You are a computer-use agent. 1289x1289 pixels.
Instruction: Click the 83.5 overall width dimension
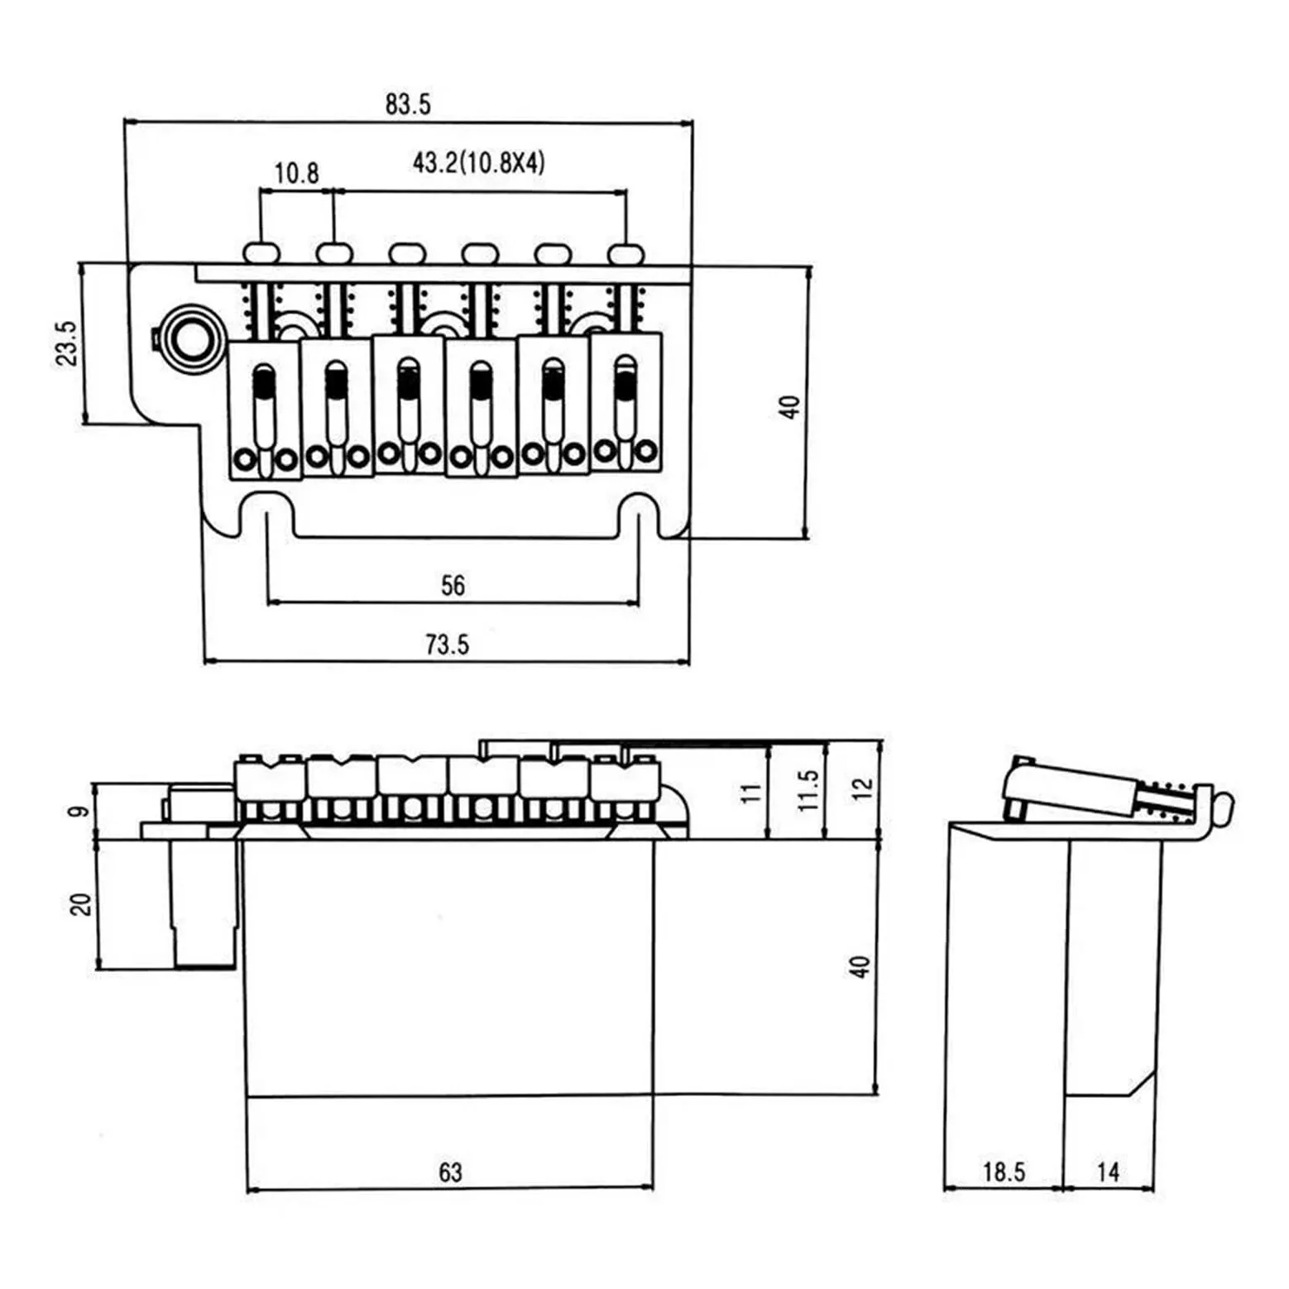click(408, 104)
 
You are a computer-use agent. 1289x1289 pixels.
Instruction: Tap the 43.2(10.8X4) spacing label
click(479, 162)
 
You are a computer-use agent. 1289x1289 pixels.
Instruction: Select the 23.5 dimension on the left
click(66, 343)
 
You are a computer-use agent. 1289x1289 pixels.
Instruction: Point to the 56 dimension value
click(453, 586)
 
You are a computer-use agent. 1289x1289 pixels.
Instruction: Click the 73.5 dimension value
click(447, 644)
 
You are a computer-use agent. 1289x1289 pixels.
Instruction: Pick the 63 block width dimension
click(450, 1172)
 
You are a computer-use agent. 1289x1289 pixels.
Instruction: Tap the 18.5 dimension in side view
click(1004, 1172)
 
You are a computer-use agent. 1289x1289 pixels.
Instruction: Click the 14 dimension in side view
click(1108, 1172)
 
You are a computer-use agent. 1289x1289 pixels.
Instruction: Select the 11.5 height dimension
click(808, 789)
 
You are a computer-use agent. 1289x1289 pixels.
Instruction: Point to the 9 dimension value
click(79, 811)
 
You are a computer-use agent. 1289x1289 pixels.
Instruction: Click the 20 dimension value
click(80, 903)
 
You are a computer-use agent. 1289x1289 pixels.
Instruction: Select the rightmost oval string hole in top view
click(626, 252)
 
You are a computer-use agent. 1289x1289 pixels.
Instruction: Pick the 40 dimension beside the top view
click(790, 407)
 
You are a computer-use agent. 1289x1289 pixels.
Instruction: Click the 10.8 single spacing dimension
click(296, 173)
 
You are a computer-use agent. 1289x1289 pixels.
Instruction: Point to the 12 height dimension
click(862, 787)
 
